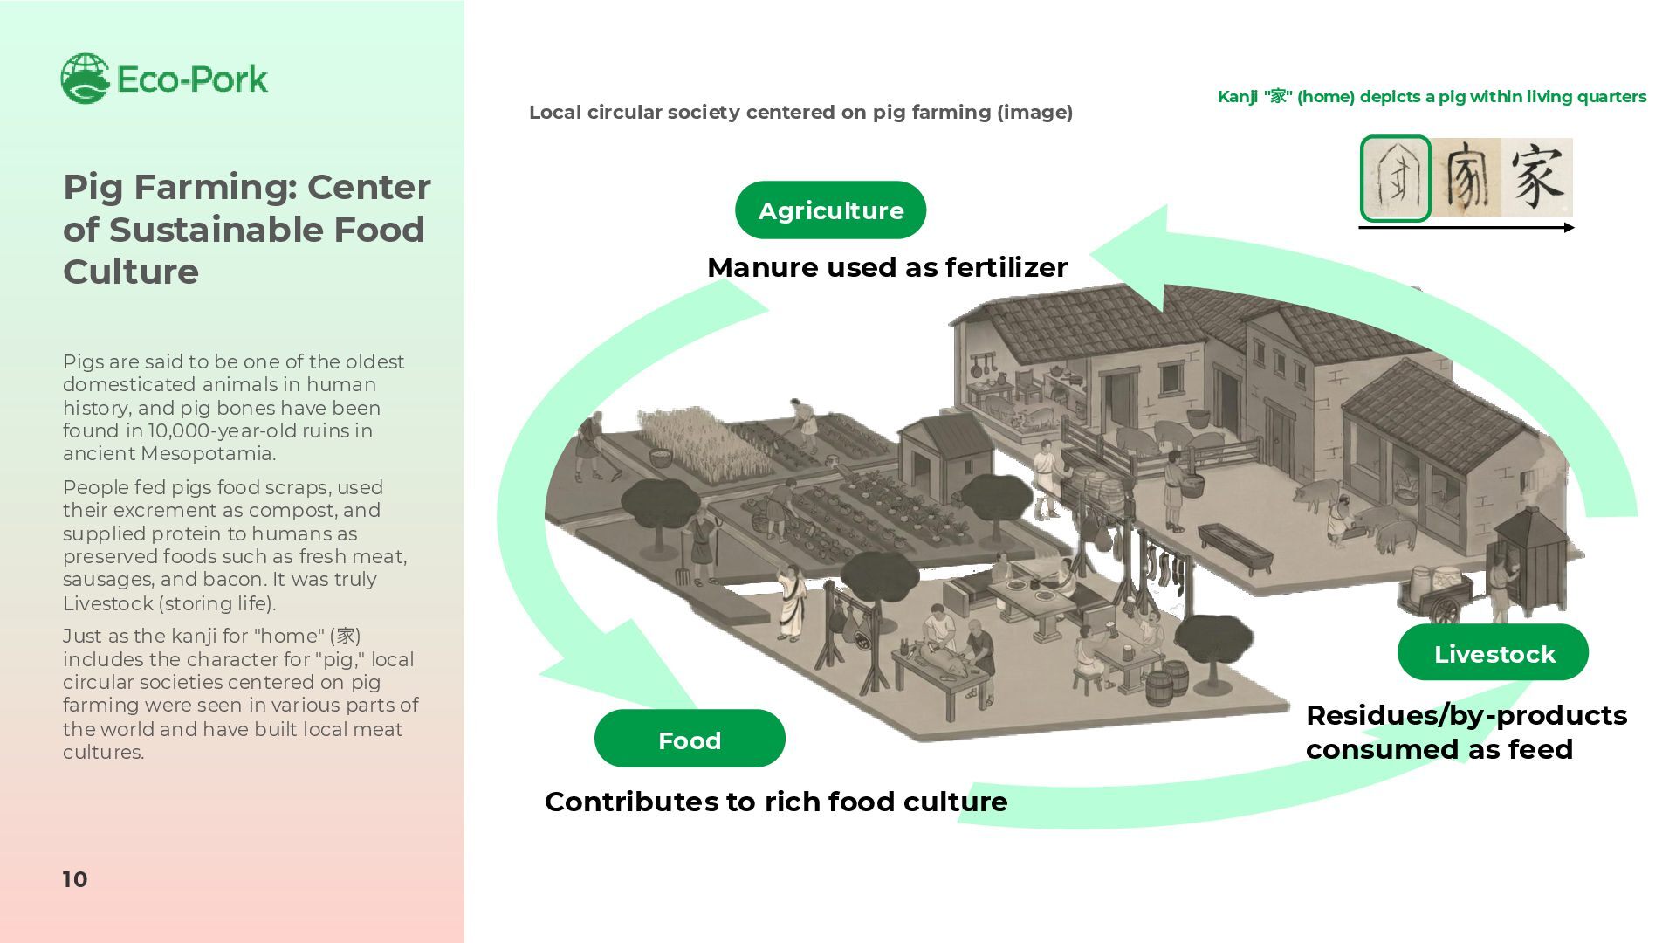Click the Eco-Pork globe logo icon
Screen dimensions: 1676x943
(85, 78)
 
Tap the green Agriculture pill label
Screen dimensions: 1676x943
(830, 210)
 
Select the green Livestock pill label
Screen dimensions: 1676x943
(1493, 653)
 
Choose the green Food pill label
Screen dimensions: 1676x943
(690, 740)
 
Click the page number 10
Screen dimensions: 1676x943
(75, 879)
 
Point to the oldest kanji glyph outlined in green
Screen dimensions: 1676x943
(1395, 178)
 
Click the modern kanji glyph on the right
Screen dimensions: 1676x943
(1537, 177)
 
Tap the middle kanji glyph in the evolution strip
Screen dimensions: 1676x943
(1466, 177)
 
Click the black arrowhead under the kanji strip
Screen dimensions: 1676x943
(1570, 228)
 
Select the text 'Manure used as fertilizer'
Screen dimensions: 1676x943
(887, 267)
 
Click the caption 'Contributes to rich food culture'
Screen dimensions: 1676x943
(776, 802)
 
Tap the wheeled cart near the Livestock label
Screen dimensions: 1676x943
(1440, 594)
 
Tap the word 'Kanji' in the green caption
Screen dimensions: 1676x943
(1237, 97)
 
